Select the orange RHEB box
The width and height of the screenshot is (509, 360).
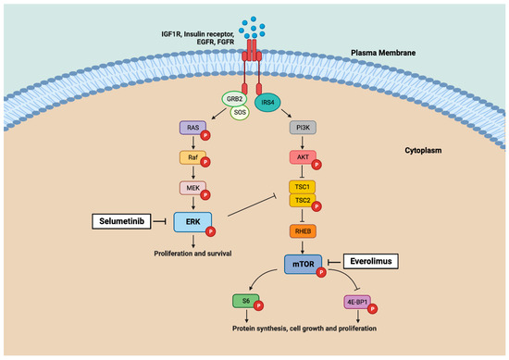click(301, 231)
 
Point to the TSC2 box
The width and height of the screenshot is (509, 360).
click(301, 200)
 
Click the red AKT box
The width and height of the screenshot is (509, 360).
click(301, 159)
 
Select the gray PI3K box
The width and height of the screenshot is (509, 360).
click(301, 131)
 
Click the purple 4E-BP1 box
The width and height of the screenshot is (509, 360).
click(356, 302)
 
